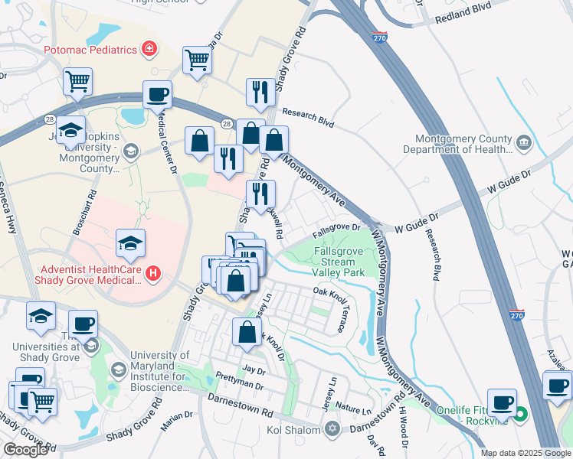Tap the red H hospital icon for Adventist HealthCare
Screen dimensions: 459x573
[x=153, y=272]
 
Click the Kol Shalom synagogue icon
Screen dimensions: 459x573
[x=331, y=428]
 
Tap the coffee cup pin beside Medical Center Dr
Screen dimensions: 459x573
[x=157, y=95]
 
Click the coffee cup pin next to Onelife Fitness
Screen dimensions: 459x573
[x=503, y=402]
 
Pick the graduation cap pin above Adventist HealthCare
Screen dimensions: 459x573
[x=130, y=243]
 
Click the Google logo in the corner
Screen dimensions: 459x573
[x=25, y=449]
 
